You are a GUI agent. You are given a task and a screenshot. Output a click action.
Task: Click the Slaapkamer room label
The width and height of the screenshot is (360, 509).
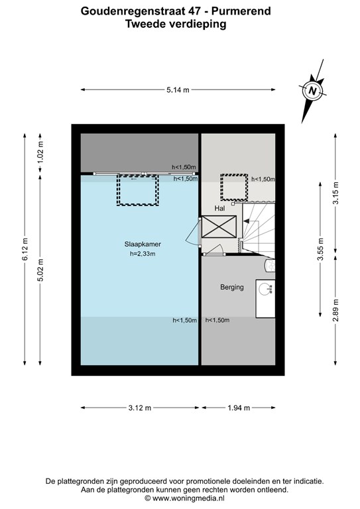click(143, 244)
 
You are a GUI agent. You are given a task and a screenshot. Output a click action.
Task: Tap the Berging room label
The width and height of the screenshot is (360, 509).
click(232, 287)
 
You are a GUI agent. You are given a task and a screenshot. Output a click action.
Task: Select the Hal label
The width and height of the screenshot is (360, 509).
click(219, 208)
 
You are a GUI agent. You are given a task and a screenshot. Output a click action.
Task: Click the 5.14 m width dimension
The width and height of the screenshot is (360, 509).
click(178, 90)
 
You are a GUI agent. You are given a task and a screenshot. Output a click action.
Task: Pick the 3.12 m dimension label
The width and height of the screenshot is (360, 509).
click(140, 408)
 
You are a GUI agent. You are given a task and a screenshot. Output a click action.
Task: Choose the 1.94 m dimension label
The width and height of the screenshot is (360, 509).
click(239, 408)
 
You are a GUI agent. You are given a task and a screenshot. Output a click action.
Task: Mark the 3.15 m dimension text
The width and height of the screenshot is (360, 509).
click(336, 193)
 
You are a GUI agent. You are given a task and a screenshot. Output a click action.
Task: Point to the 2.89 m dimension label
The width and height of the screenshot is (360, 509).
click(336, 310)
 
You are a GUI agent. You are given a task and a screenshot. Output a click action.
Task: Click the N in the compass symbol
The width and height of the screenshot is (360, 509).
click(313, 91)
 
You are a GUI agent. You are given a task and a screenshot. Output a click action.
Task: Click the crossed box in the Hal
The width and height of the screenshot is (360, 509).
click(219, 227)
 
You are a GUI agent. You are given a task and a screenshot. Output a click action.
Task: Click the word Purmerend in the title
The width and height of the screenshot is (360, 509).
click(241, 11)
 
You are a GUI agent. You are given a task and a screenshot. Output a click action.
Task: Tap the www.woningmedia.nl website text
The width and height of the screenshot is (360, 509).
click(188, 498)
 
